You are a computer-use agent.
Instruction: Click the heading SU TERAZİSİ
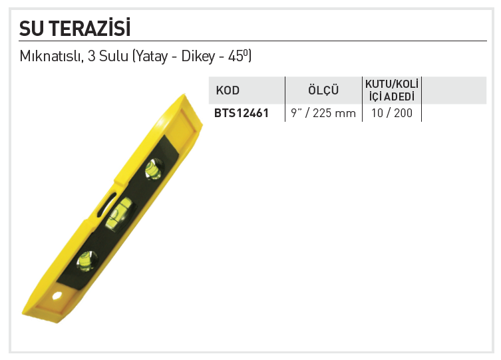pyautogui.click(x=75, y=28)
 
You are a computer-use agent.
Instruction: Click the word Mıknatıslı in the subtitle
pyautogui.click(x=51, y=56)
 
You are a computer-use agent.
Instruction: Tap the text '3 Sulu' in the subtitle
pyautogui.click(x=108, y=56)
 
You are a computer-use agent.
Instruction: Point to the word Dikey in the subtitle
pyautogui.click(x=198, y=57)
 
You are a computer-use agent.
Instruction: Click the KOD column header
pyautogui.click(x=228, y=90)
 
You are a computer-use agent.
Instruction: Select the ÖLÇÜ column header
pyautogui.click(x=323, y=90)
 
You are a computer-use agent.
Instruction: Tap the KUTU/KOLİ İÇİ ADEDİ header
pyautogui.click(x=392, y=90)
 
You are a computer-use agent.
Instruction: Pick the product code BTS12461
pyautogui.click(x=242, y=113)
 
